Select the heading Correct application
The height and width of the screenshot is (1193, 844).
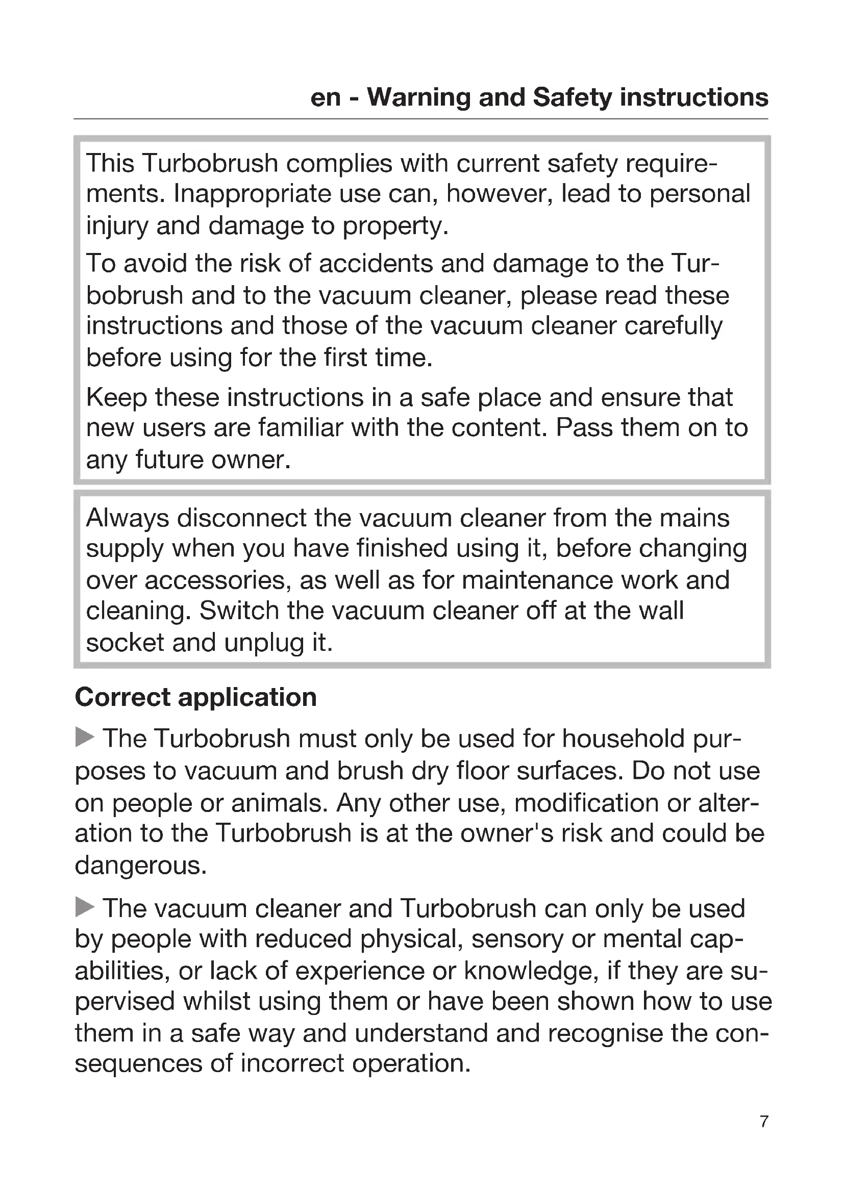[x=196, y=697]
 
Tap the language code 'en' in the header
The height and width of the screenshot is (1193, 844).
[x=326, y=97]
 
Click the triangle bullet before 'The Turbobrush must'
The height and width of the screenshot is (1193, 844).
[x=85, y=737]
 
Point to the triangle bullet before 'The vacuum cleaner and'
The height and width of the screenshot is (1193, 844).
[x=85, y=907]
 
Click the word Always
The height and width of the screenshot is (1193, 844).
[x=128, y=518]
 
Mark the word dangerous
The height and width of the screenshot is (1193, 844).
[x=141, y=866]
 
